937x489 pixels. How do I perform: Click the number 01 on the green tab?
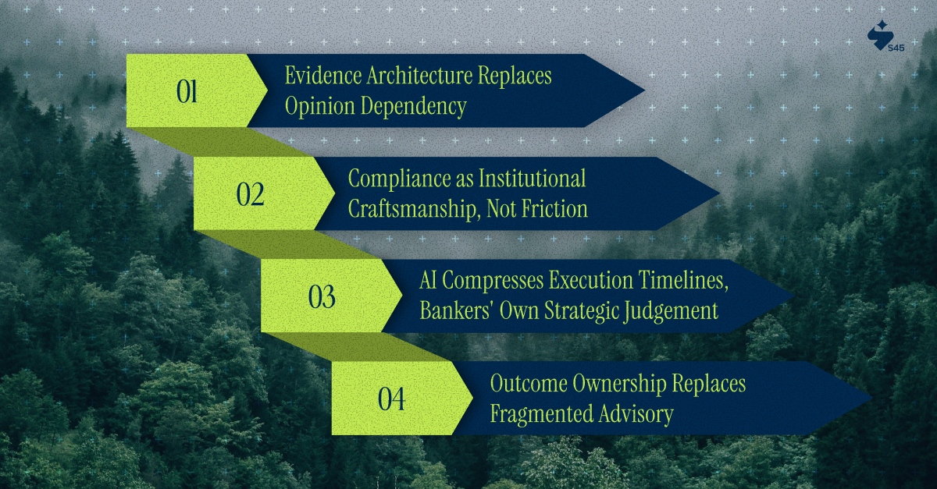[187, 92]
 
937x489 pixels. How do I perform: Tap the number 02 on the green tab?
[251, 194]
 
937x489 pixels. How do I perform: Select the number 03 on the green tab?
[322, 297]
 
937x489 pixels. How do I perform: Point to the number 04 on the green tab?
[392, 399]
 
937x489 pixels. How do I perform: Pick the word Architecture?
[415, 76]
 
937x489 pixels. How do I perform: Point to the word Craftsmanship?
[409, 208]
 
